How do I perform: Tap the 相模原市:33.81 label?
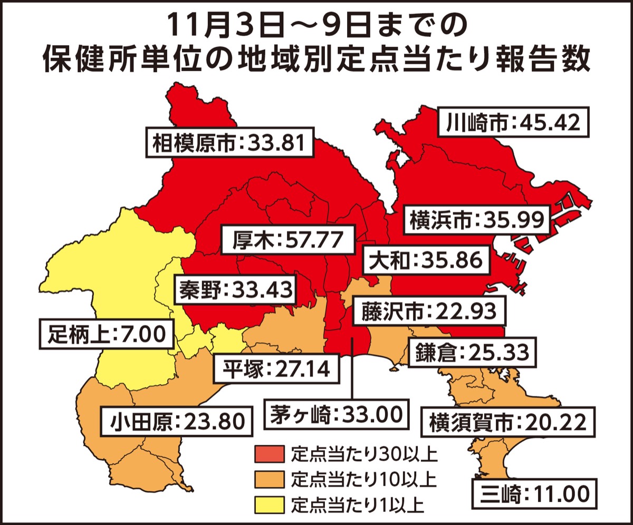[229, 142]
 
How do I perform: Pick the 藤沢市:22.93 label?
[429, 312]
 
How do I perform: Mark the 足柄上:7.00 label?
[106, 333]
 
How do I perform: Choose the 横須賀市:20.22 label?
[507, 422]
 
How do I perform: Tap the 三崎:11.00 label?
[534, 493]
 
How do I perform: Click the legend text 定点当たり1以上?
[357, 504]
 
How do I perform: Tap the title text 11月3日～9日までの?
[316, 25]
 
